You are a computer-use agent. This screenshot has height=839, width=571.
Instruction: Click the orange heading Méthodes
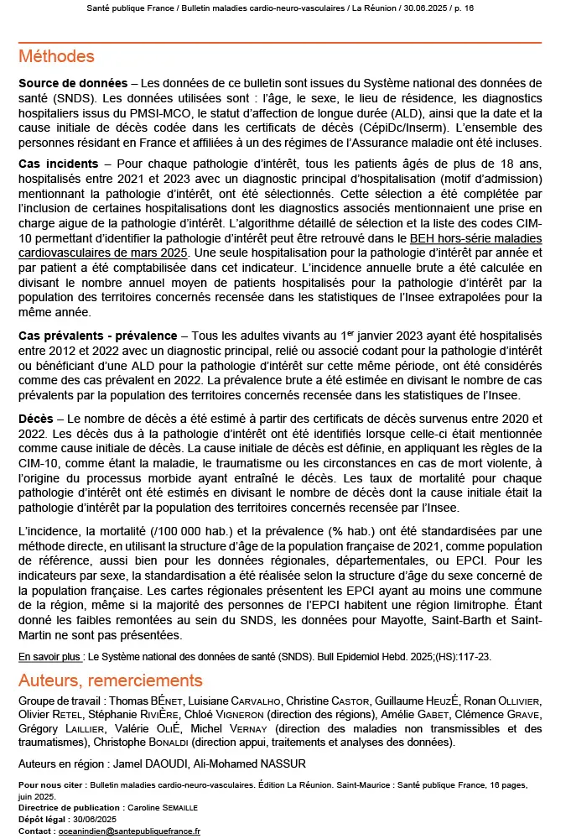pyautogui.click(x=56, y=57)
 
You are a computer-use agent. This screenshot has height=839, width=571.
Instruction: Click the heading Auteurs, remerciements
pyautogui.click(x=110, y=680)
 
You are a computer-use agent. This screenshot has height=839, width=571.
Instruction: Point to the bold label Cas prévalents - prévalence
pyautogui.click(x=97, y=336)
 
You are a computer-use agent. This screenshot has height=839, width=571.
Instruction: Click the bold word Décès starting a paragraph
pyautogui.click(x=36, y=418)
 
